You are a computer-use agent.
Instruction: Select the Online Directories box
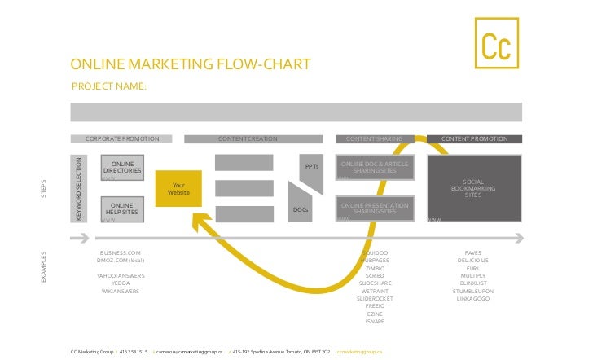[x=122, y=168]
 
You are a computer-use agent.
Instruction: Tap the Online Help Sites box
[x=122, y=209]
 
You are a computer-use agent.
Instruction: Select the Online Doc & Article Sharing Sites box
[x=375, y=168]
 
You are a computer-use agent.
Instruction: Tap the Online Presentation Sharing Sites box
[x=375, y=208]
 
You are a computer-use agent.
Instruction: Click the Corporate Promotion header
[x=121, y=139]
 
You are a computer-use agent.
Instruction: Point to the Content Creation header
[x=248, y=139]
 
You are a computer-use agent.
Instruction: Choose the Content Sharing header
[x=375, y=139]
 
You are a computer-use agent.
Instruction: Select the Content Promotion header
[x=474, y=139]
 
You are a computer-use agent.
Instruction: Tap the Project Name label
[x=109, y=86]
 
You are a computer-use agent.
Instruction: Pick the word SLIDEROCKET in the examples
[x=376, y=298]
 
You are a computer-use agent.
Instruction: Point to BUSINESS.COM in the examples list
[x=121, y=253]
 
